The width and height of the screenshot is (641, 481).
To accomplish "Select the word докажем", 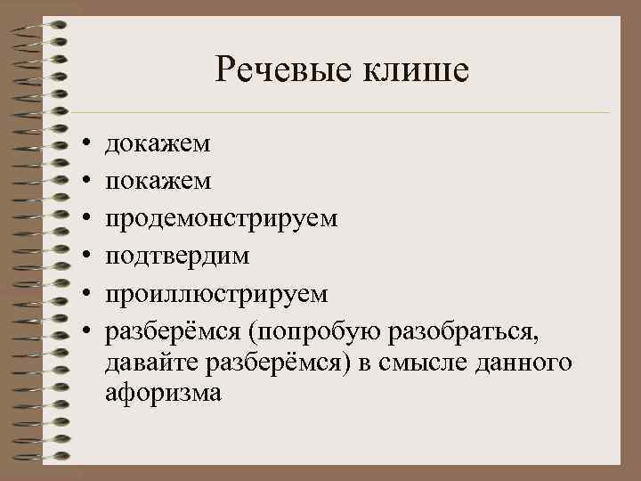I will point(158,143).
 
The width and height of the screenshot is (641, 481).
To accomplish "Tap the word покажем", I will point(158,181).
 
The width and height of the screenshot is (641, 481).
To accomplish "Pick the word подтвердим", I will point(177,257).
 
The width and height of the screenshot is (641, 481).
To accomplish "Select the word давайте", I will point(152,363).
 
